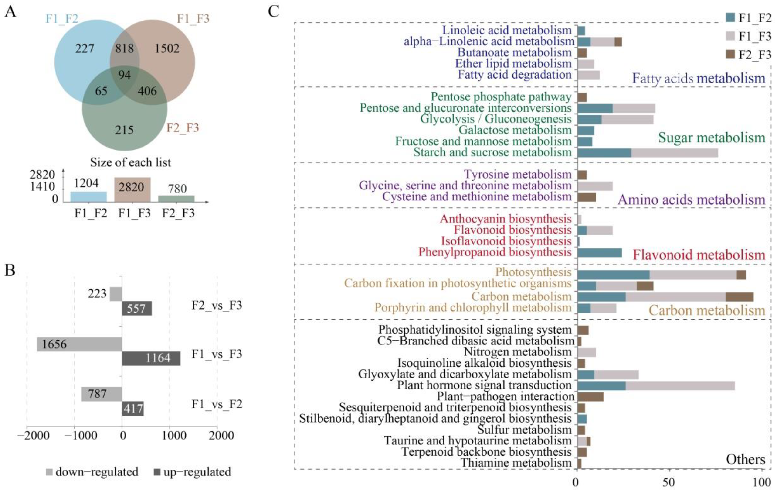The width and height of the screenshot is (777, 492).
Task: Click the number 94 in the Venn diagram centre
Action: click(125, 75)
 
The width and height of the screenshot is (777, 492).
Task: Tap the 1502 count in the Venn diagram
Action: click(167, 48)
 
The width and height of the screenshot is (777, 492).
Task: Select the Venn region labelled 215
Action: click(124, 130)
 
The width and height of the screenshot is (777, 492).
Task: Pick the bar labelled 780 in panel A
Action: click(176, 199)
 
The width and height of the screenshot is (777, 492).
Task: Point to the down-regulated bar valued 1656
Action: click(79, 344)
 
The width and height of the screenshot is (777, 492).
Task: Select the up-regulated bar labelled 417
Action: click(133, 409)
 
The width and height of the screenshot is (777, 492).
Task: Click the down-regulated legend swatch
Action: click(49, 472)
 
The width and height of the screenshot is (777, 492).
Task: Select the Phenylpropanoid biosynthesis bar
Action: click(600, 253)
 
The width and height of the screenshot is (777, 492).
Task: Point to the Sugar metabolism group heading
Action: click(712, 138)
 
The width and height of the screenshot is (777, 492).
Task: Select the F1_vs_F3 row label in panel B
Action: click(217, 354)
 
